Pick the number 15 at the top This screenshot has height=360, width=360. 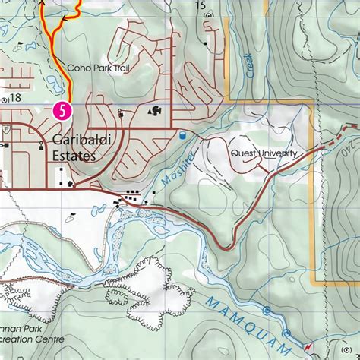pos(201,5)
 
